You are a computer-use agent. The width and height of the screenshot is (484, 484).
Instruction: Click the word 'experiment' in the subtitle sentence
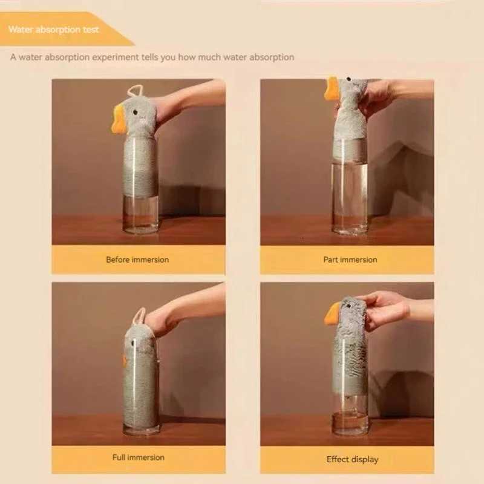point(119,57)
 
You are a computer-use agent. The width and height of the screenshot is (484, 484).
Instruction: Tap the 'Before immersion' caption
point(137,260)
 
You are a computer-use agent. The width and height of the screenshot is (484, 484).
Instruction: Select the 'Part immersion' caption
point(350,260)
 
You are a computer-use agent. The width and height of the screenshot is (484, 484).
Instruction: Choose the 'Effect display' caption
point(352,459)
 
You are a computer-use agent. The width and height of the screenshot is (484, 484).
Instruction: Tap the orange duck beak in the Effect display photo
point(332,314)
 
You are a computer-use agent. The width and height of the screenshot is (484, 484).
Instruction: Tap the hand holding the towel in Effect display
point(384,307)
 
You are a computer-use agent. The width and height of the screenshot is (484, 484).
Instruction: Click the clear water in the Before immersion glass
point(140,212)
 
